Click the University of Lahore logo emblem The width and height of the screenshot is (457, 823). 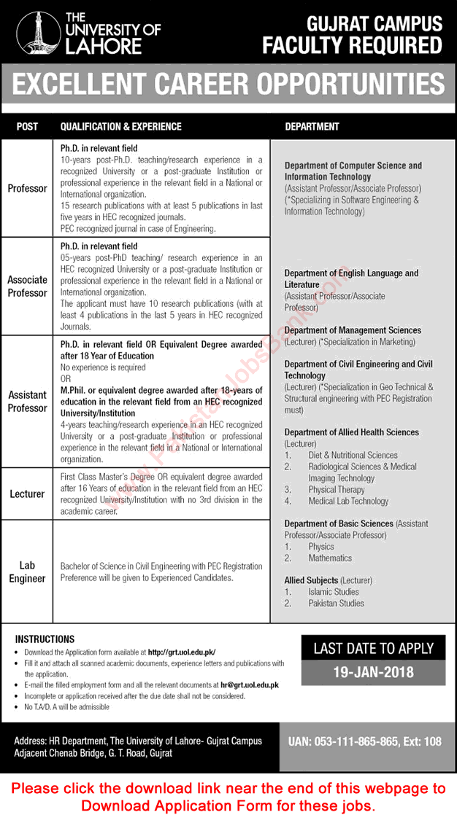pyautogui.click(x=33, y=32)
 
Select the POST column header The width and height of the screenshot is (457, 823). pyautogui.click(x=27, y=126)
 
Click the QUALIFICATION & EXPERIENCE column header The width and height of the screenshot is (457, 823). pyautogui.click(x=120, y=126)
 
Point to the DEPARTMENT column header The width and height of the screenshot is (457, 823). pyautogui.click(x=312, y=126)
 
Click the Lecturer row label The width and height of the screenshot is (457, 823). pyautogui.click(x=27, y=494)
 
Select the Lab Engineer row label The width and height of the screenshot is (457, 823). pyautogui.click(x=27, y=572)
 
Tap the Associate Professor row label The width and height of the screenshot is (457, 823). pyautogui.click(x=27, y=286)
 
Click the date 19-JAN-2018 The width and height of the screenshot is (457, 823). pyautogui.click(x=374, y=672)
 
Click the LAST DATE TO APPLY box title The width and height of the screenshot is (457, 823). pyautogui.click(x=374, y=648)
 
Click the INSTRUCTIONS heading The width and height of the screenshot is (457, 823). pyautogui.click(x=45, y=639)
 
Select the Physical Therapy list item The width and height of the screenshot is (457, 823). pyautogui.click(x=337, y=490)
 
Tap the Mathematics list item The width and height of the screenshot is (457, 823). pyautogui.click(x=330, y=558)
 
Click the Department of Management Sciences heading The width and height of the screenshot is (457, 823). pyautogui.click(x=353, y=330)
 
